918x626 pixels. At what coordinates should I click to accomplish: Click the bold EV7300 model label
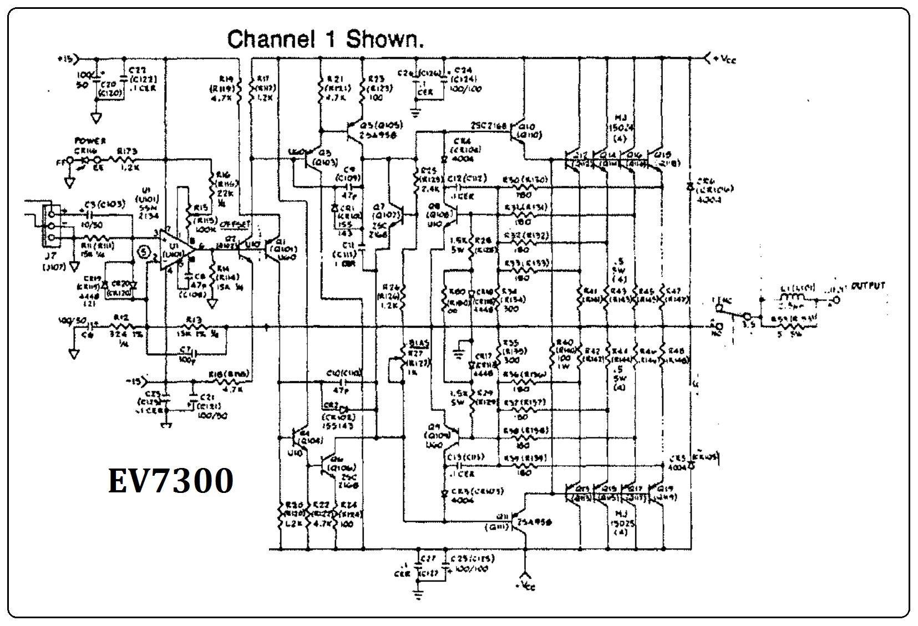click(170, 481)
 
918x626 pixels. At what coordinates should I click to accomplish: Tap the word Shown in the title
click(384, 39)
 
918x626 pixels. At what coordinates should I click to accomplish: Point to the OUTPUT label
click(868, 286)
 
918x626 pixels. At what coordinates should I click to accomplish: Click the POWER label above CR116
click(90, 141)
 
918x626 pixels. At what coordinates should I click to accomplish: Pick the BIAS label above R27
click(415, 343)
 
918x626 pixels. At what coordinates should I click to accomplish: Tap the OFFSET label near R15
click(235, 225)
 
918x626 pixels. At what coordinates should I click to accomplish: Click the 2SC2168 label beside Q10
click(489, 126)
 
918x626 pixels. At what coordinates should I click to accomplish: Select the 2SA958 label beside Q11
click(534, 522)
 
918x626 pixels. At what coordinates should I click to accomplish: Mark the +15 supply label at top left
click(65, 58)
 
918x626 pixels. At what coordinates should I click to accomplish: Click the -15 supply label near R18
click(134, 381)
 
